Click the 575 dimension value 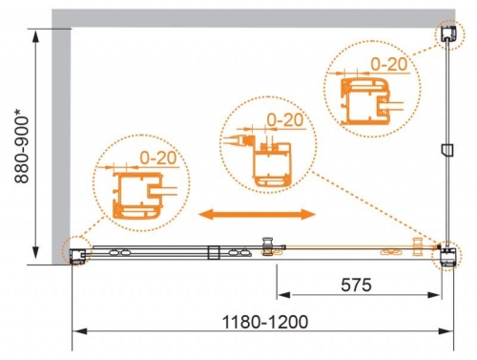[x=356, y=285]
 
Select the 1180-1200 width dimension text [x=265, y=322]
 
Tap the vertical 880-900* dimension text [x=22, y=146]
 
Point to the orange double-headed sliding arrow [x=257, y=214]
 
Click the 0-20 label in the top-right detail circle [x=389, y=64]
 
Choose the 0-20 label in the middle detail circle [x=285, y=120]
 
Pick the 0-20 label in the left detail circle [x=158, y=158]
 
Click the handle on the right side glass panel [x=447, y=150]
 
